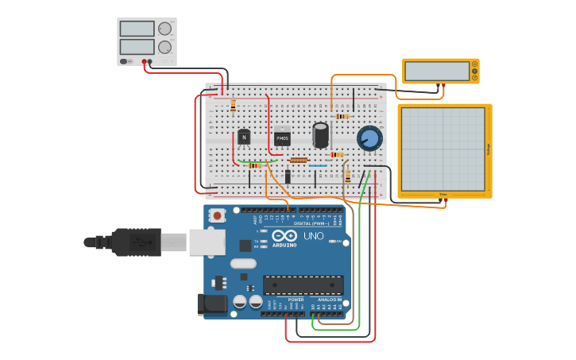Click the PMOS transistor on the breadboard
click(282, 138)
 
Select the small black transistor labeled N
click(244, 137)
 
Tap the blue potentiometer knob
click(369, 139)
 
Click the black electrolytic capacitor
click(320, 134)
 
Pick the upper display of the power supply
click(137, 29)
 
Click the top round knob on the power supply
click(164, 29)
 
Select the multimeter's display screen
click(435, 71)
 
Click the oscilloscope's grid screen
click(443, 149)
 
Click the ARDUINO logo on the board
click(284, 245)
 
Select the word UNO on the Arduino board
click(313, 236)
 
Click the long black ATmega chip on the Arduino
click(303, 284)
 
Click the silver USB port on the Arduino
click(207, 242)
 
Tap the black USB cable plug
click(135, 242)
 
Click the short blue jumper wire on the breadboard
click(318, 165)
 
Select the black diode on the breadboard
click(288, 176)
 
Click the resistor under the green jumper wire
click(253, 165)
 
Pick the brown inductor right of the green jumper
click(298, 160)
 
